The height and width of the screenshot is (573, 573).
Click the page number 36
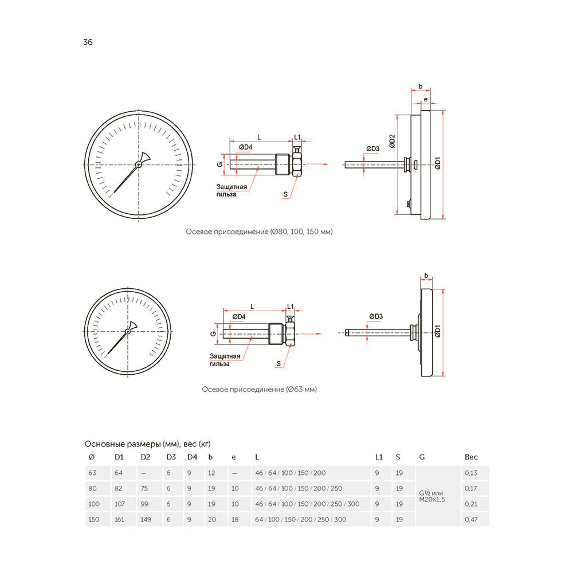[x=88, y=42]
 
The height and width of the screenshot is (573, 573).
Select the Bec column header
[x=471, y=457]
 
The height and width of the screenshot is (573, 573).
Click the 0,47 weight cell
[x=471, y=519]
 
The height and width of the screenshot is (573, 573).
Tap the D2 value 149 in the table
[x=146, y=519]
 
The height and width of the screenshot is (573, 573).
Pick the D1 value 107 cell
[x=120, y=504]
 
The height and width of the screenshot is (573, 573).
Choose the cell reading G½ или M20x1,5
[x=432, y=496]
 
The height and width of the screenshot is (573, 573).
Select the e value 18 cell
[x=235, y=519]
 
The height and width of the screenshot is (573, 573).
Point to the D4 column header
[x=192, y=457]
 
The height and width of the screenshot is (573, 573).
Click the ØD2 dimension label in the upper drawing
[x=392, y=141]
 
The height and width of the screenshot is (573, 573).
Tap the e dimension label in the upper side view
[x=425, y=99]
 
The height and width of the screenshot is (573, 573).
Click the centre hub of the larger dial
[x=139, y=165]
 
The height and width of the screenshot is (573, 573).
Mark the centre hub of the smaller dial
[x=128, y=331]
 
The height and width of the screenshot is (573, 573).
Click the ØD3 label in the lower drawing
[x=376, y=316]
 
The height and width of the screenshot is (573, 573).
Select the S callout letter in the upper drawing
[x=285, y=194]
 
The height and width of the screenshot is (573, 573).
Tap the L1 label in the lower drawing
[x=290, y=306]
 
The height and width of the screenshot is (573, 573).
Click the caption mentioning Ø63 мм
[x=259, y=390]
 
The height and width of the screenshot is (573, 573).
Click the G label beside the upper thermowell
[x=219, y=164]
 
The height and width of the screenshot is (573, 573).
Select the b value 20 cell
[x=212, y=519]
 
